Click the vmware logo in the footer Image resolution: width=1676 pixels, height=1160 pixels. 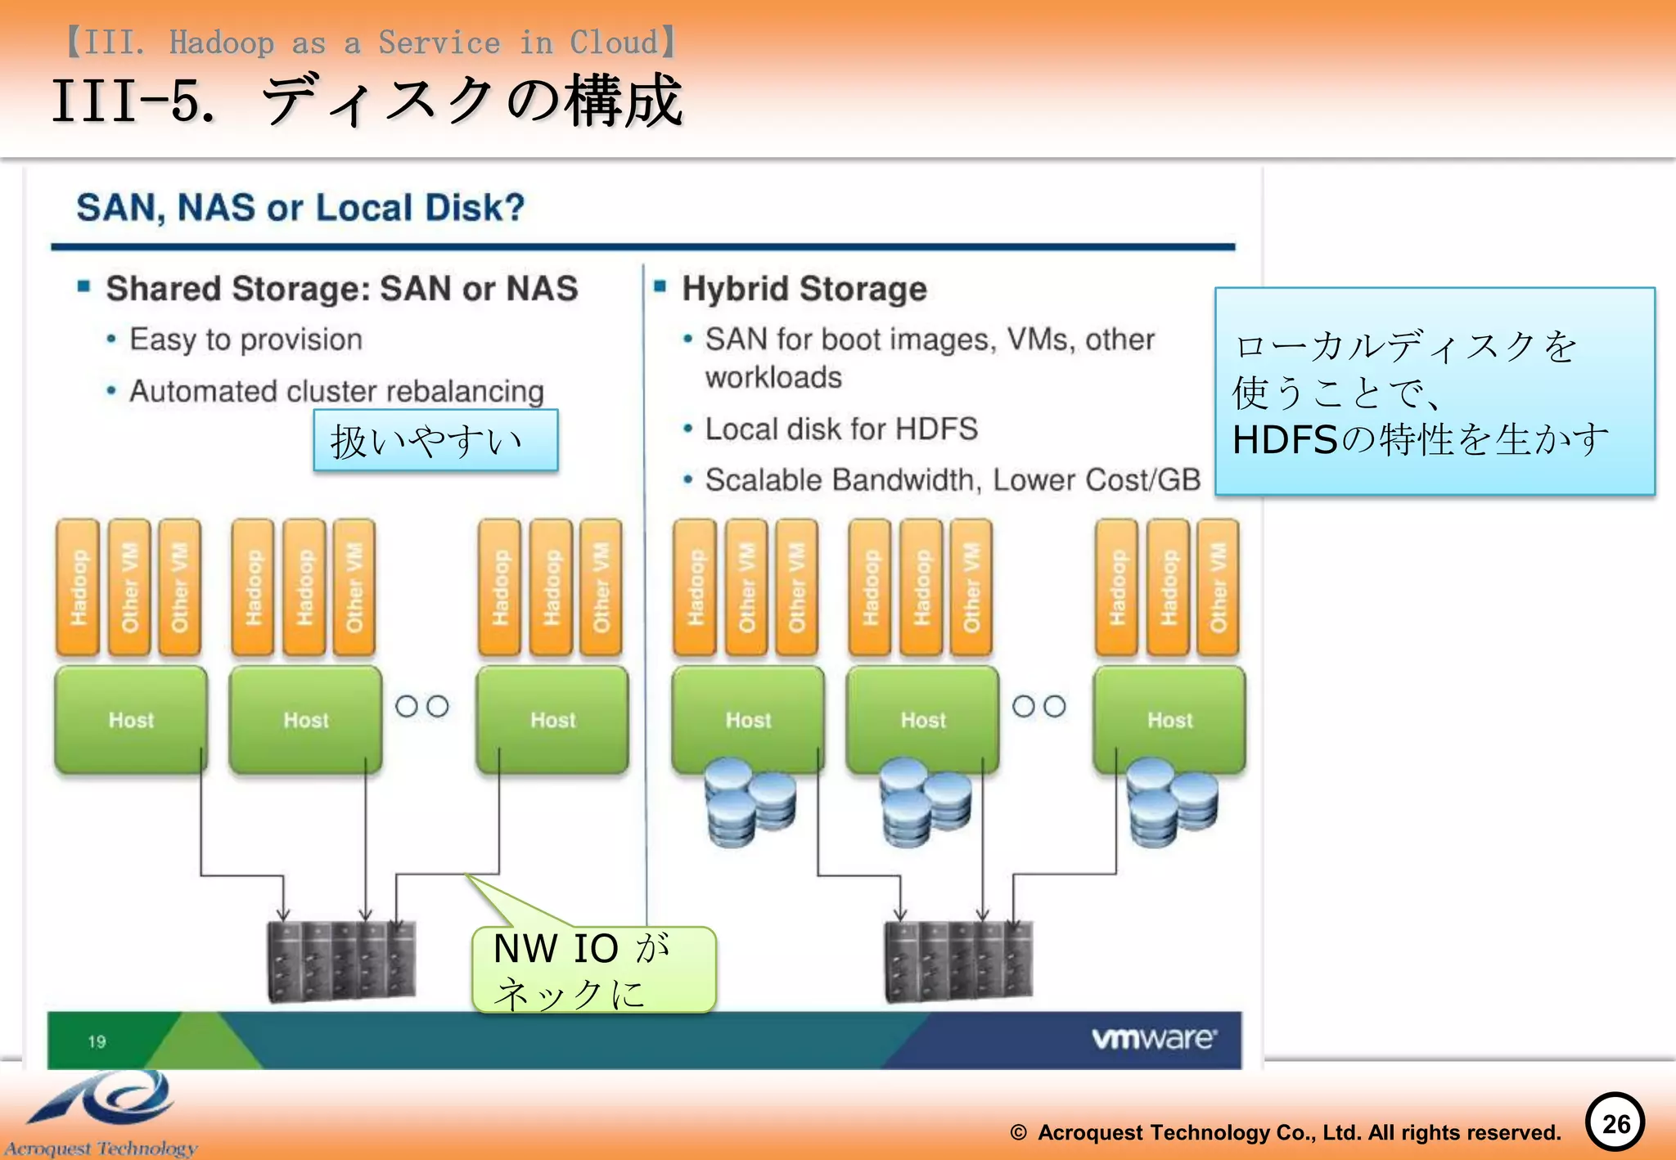[1154, 1038]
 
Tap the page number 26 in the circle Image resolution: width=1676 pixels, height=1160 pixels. [1615, 1123]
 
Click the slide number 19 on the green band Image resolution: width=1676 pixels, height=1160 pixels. [97, 1041]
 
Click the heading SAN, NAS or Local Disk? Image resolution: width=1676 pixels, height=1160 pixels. [300, 208]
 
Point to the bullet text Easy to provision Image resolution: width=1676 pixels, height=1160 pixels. [246, 339]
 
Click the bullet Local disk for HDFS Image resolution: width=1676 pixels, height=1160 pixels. [841, 429]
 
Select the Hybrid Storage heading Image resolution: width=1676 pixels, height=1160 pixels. [804, 289]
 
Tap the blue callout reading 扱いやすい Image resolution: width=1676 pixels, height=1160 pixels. [435, 441]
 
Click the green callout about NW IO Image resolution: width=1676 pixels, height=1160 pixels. [593, 970]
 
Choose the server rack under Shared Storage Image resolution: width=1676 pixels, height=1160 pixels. [341, 961]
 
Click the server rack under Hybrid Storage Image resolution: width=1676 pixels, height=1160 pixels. [958, 961]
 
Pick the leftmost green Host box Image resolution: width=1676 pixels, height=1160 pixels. [131, 720]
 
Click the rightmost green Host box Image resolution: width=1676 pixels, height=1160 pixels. [1169, 720]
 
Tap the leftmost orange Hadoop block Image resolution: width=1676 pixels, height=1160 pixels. [78, 587]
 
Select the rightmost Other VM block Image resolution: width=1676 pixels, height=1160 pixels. [1218, 587]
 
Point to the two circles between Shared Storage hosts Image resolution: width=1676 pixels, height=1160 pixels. [422, 706]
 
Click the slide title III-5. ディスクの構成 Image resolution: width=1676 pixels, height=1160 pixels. [367, 101]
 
